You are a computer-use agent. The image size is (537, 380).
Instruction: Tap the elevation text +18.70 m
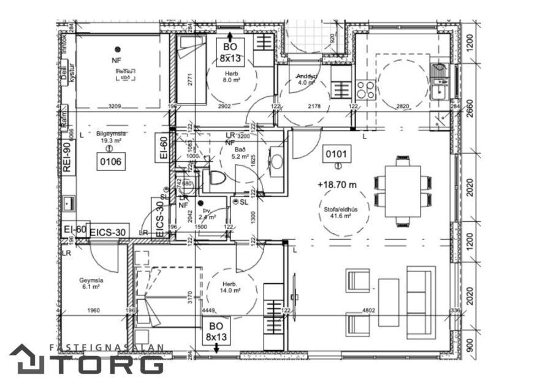(338, 184)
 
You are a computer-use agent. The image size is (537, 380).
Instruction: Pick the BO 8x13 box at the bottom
(216, 332)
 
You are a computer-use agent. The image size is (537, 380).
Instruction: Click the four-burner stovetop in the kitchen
(366, 89)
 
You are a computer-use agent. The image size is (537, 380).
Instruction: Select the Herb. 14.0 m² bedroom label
(230, 287)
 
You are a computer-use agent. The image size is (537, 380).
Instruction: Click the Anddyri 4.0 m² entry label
(307, 80)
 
